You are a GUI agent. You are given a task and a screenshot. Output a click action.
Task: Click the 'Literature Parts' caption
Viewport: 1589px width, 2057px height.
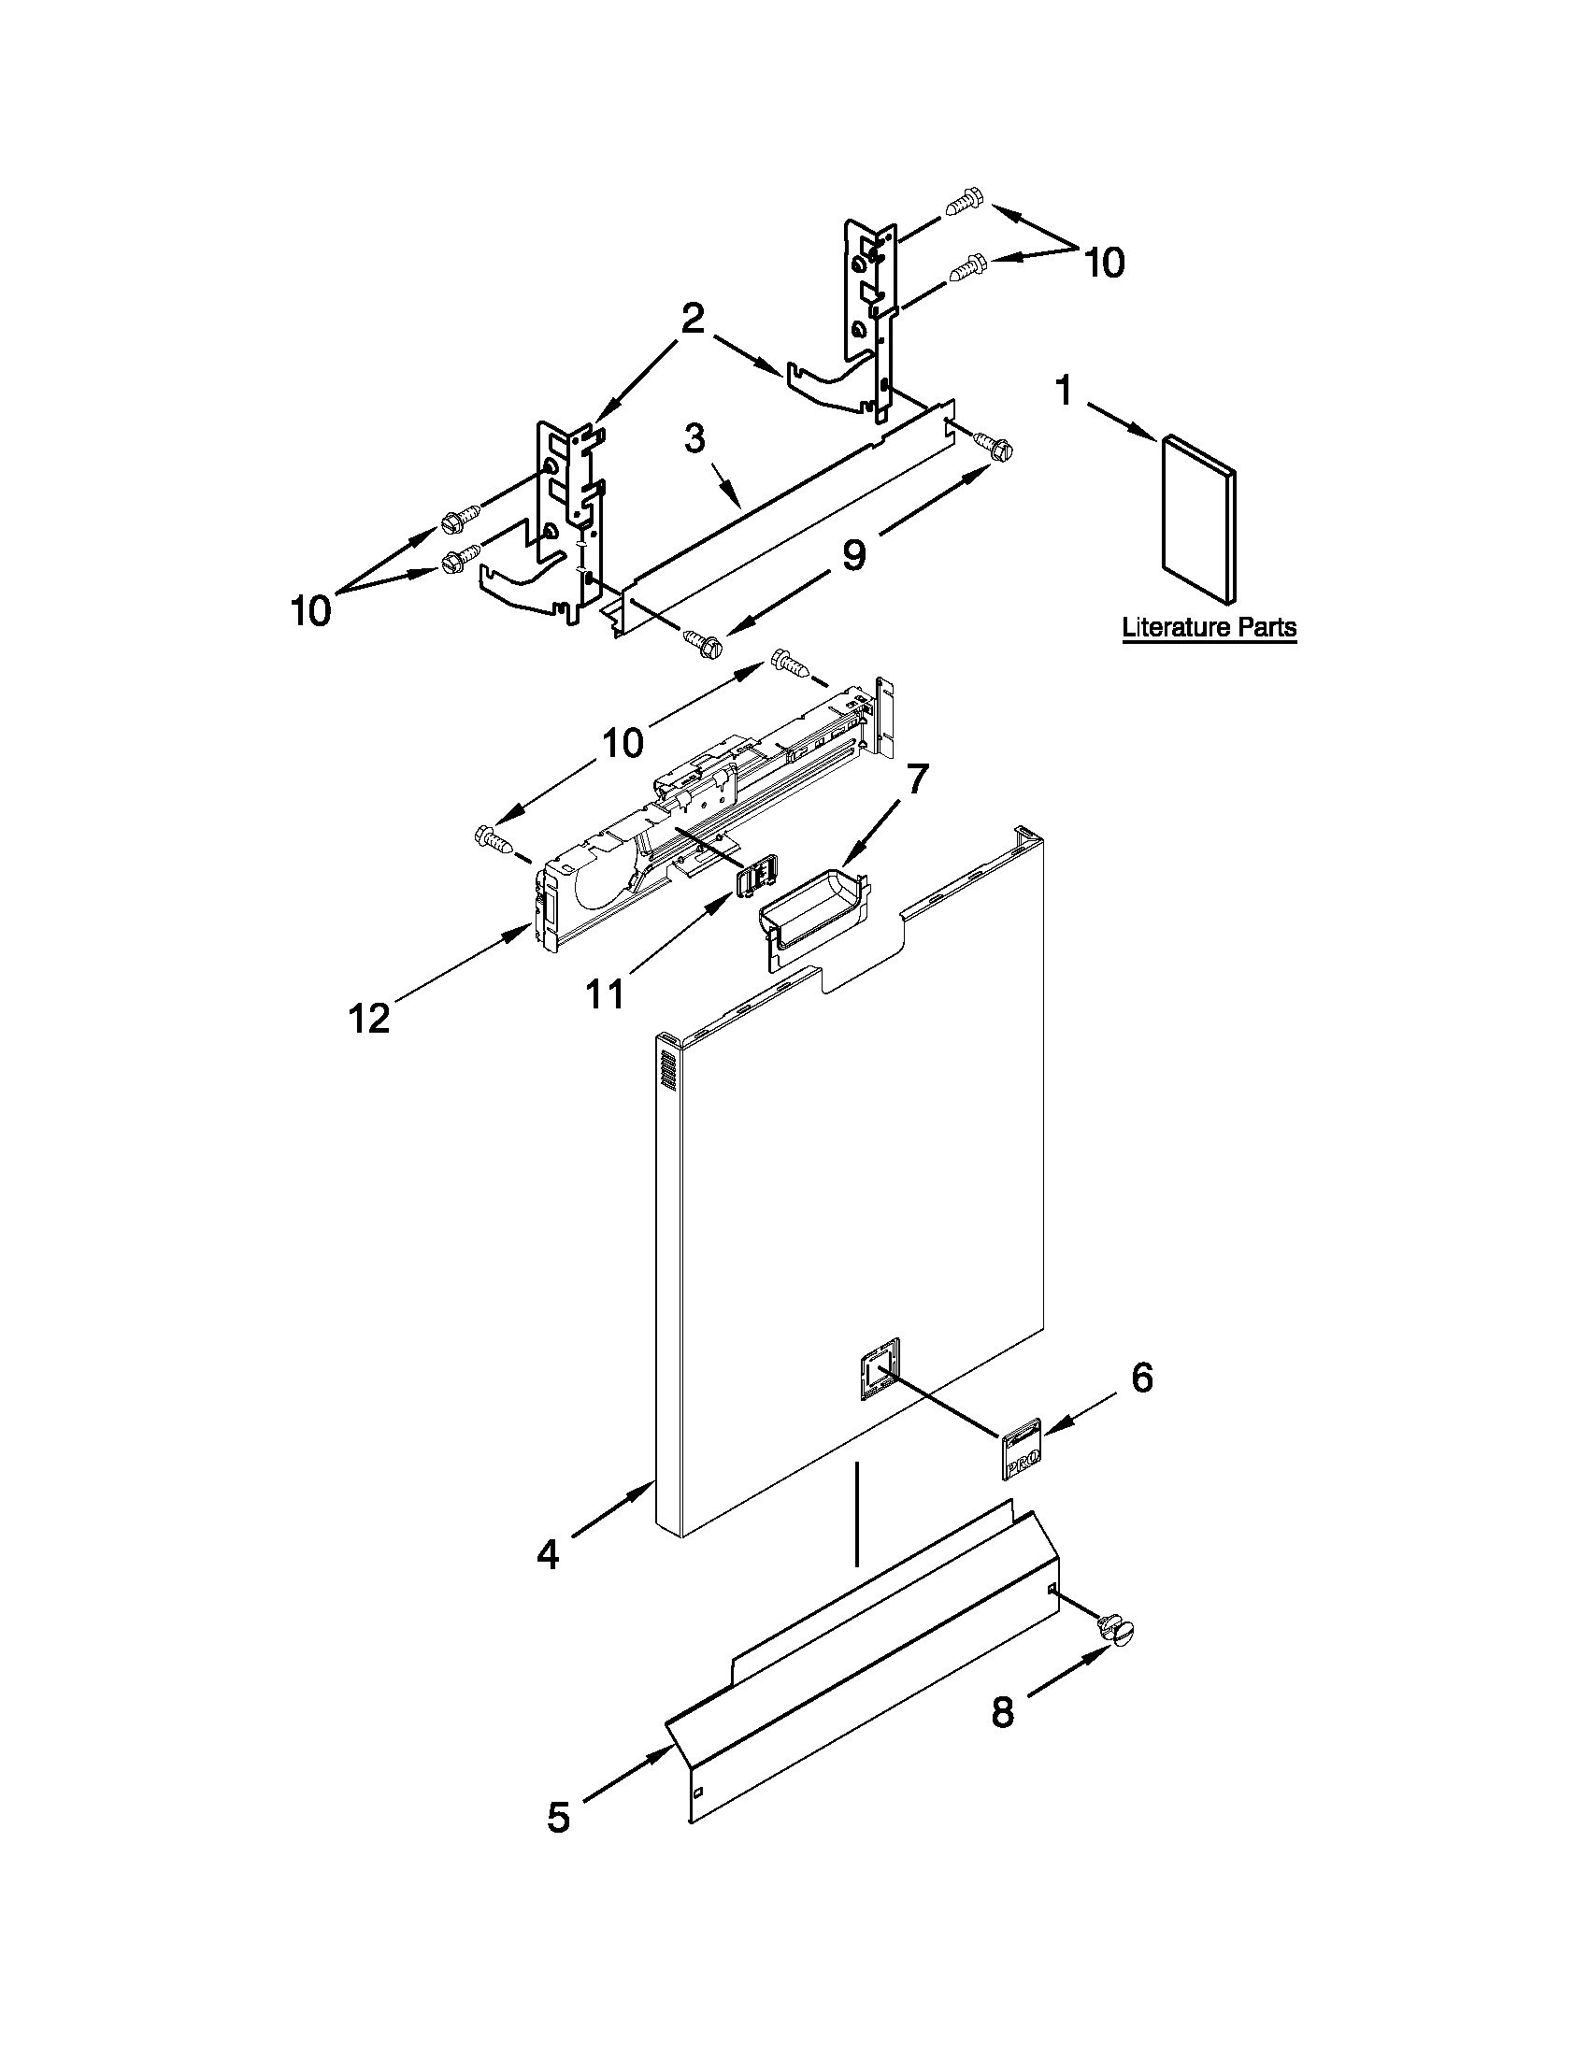1209,627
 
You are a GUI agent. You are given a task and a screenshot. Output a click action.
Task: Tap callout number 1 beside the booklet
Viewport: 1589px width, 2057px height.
1065,390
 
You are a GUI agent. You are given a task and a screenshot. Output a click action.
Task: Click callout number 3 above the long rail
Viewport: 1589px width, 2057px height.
694,439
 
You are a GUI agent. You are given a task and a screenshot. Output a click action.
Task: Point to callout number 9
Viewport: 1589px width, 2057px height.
853,555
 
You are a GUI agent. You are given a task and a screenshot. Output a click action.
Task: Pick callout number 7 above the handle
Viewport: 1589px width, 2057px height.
916,779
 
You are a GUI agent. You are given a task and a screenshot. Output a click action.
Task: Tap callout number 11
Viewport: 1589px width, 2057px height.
605,993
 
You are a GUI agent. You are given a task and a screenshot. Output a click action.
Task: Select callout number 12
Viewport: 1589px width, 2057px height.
370,1017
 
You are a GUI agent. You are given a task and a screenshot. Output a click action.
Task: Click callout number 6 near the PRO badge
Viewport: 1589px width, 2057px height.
1141,1378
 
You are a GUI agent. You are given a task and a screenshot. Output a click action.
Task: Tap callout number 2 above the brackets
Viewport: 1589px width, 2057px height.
694,319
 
